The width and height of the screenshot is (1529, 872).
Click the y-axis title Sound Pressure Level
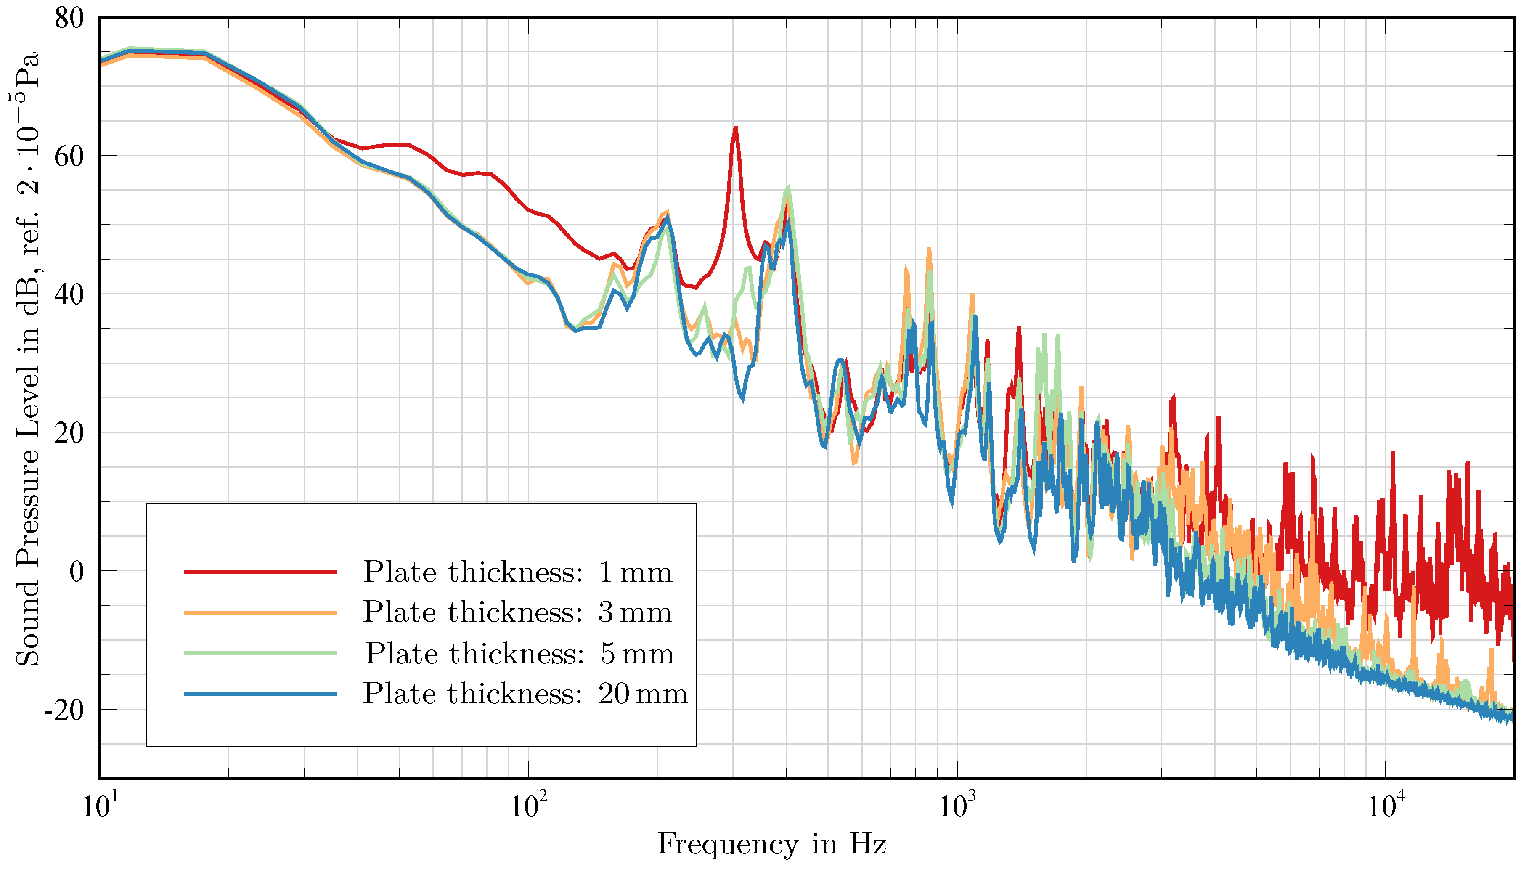pos(27,359)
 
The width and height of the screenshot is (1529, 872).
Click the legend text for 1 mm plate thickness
pos(517,572)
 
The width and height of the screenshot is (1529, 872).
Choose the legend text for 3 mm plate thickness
pos(517,612)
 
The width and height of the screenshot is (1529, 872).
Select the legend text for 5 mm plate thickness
pos(519,653)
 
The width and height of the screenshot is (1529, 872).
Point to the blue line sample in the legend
pos(260,694)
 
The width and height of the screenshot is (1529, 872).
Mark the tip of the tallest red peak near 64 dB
pos(735,127)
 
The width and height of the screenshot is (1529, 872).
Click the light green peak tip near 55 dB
pos(788,188)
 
